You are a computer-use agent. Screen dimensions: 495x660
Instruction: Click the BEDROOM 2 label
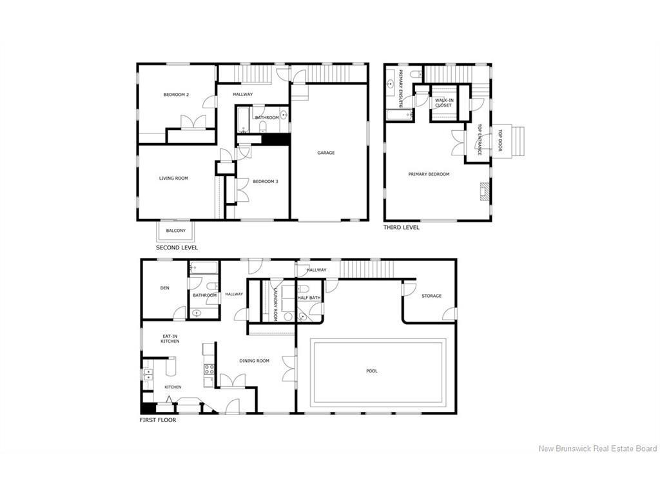176,95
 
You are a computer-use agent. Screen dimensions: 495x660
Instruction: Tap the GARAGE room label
325,153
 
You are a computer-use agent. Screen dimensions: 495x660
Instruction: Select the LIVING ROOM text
173,178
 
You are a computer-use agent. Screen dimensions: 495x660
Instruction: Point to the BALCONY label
176,231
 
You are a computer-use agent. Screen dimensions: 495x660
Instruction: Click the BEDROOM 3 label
265,181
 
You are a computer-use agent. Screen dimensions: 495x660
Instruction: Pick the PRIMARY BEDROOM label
429,174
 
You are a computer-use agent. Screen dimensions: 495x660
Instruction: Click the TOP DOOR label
500,141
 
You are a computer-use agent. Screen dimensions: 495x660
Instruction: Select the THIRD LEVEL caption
401,228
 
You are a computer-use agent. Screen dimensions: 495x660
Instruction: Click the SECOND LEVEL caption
177,247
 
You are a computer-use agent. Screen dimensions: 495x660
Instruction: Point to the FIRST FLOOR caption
158,420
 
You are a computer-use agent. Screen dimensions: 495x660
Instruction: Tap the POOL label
372,371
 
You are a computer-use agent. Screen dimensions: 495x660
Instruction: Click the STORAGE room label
431,296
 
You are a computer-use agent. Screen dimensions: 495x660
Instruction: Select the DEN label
164,288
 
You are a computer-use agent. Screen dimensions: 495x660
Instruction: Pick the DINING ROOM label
254,361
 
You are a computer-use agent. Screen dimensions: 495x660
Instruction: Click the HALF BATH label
309,298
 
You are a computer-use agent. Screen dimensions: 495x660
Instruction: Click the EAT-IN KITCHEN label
170,338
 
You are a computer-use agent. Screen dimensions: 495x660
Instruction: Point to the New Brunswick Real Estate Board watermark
597,449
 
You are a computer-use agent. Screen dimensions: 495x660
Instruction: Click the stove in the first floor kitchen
209,369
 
